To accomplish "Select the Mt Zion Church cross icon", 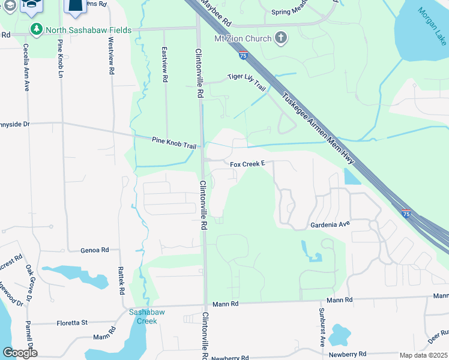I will click(x=280, y=39).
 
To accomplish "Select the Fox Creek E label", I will click(x=247, y=163).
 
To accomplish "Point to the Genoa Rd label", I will click(x=95, y=250).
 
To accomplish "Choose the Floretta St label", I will click(x=72, y=323).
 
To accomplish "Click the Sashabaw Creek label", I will click(x=143, y=316).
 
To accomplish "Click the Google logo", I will click(x=20, y=353).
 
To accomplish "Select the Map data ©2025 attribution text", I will click(x=423, y=355).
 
